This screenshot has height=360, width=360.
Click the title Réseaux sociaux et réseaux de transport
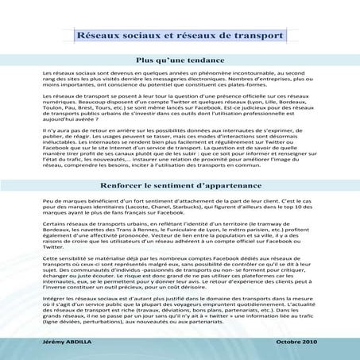[180, 36]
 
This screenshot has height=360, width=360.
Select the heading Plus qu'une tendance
[180, 59]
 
